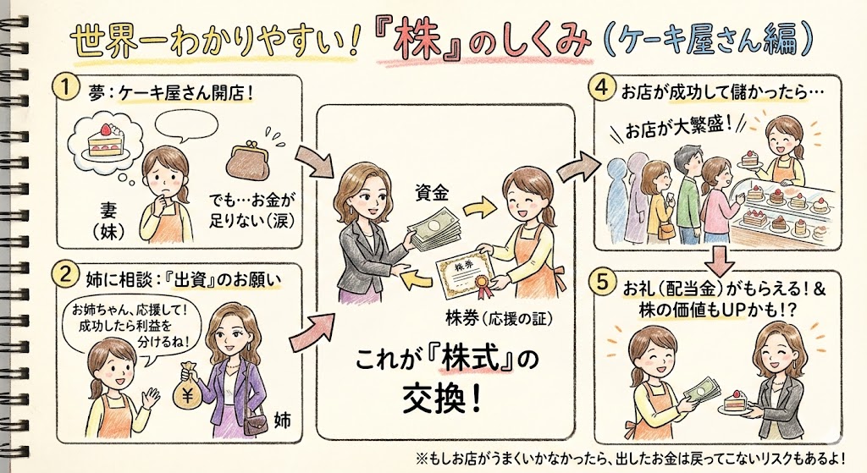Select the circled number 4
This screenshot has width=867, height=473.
coord(601,86)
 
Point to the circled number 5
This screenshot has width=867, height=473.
coord(602,283)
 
